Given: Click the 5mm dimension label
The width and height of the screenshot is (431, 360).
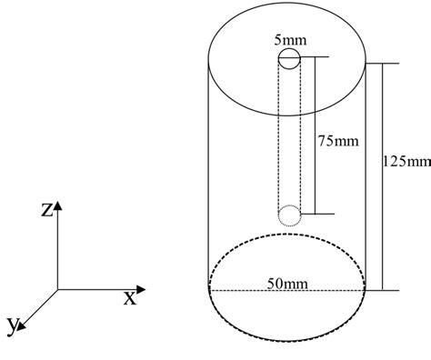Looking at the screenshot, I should click(x=290, y=41).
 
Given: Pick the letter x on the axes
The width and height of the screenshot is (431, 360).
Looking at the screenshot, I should click(x=129, y=295).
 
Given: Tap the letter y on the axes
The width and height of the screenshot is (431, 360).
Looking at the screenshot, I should click(x=12, y=323).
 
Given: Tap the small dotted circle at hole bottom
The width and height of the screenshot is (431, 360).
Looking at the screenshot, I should click(x=289, y=215).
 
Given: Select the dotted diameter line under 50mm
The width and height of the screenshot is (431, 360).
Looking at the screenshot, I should click(x=255, y=291).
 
